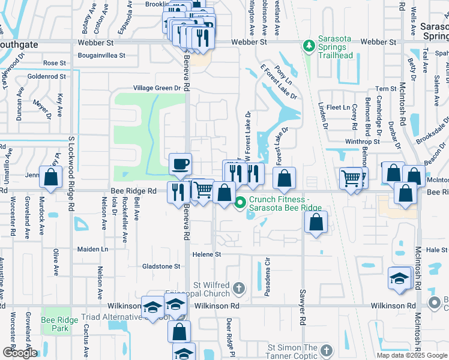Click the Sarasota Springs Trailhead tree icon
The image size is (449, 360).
pyautogui.click(x=309, y=46)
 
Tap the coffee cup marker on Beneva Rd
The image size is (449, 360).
pyautogui.click(x=180, y=164)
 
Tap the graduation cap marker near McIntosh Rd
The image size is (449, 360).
pyautogui.click(x=399, y=278)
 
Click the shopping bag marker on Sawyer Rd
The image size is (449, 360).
pyautogui.click(x=316, y=222)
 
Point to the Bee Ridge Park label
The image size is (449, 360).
pyautogui.click(x=59, y=324)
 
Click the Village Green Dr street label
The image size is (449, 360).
pyautogui.click(x=157, y=88)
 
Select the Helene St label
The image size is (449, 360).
pyautogui.click(x=207, y=254)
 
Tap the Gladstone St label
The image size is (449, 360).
pyautogui.click(x=161, y=266)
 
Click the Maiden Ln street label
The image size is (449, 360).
pyautogui.click(x=92, y=249)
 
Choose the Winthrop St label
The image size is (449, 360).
pyautogui.click(x=363, y=142)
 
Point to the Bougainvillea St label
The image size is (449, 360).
pyautogui.click(x=101, y=55)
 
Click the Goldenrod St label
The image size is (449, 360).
pyautogui.click(x=47, y=76)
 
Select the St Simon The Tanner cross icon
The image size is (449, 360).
pyautogui.click(x=326, y=350)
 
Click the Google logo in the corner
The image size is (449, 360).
pyautogui.click(x=20, y=353)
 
